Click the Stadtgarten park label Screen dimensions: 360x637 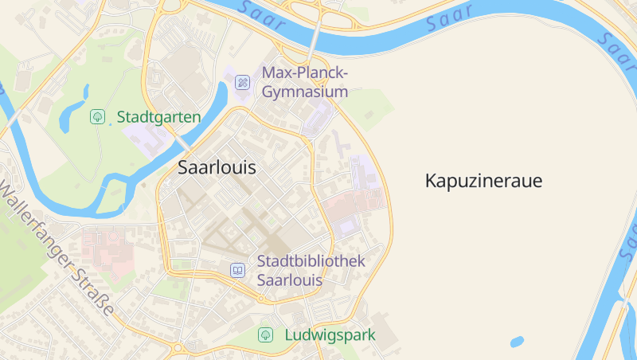point(158,117)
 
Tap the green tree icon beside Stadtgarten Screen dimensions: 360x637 point(98,117)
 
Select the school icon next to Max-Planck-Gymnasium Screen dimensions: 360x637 point(243,81)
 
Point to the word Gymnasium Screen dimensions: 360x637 point(305,92)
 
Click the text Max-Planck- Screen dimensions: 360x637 point(306,74)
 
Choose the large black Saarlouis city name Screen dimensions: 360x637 point(217,168)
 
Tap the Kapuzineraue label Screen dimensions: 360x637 point(483,181)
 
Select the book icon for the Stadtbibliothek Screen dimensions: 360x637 point(237,270)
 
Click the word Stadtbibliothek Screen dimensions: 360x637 point(311,261)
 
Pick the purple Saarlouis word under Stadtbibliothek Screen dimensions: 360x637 point(290,280)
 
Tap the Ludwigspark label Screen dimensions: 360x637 point(330,335)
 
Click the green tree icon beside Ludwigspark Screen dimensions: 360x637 point(265,335)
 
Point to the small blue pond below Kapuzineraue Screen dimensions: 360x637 point(517,342)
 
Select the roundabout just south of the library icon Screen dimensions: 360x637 point(260,299)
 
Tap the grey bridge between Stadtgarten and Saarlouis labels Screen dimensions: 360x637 point(184,144)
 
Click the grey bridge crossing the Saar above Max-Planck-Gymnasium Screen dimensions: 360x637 point(316,38)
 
